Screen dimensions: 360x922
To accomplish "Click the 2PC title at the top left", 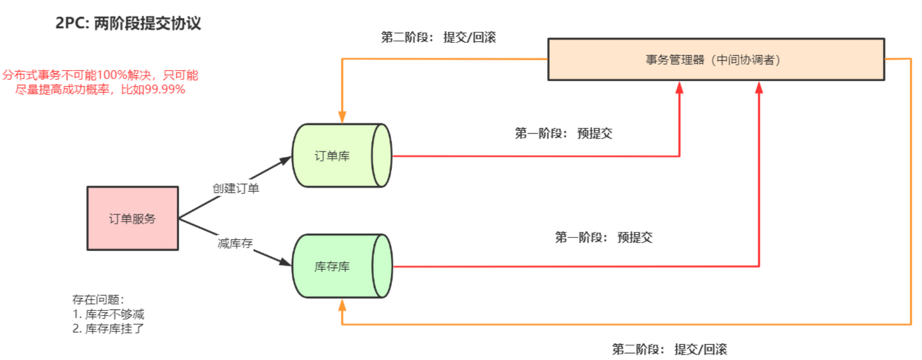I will (128, 23).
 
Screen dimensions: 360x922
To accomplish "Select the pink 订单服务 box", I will (132, 219).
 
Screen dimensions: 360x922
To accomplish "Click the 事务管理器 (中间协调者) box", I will (716, 60).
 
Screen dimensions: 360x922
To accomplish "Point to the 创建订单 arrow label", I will (235, 188).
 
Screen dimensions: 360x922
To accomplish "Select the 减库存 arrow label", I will (235, 243).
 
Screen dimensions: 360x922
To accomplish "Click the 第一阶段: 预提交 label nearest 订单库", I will (563, 134).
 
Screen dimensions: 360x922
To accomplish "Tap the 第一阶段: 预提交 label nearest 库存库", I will (603, 237).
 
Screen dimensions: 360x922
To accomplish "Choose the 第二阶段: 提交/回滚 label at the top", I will (438, 37).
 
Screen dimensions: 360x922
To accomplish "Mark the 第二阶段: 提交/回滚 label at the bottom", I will (669, 349).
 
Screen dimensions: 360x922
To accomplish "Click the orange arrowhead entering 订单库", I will (342, 117).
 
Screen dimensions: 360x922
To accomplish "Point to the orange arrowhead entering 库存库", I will (342, 305).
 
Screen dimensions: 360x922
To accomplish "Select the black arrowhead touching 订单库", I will (285, 161).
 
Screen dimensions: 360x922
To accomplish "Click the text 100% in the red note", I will (112, 75).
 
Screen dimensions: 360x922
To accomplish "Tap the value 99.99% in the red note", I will (164, 89).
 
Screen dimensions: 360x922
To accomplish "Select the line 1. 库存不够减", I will (108, 314).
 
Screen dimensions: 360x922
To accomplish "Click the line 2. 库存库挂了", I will (108, 328).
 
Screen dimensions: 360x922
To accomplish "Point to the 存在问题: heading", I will (98, 299).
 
